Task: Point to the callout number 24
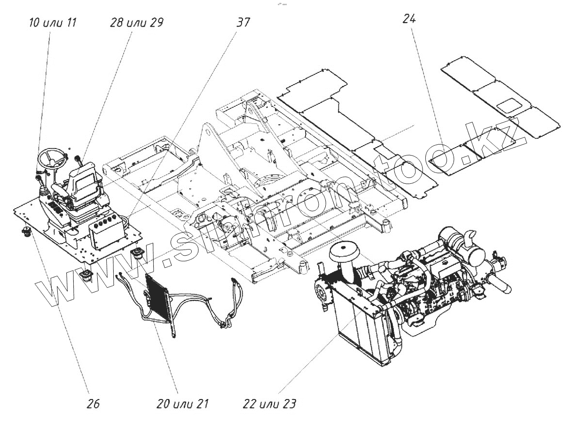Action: coord(409,19)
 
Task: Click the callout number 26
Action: coord(94,403)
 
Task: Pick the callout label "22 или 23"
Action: coord(270,403)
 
